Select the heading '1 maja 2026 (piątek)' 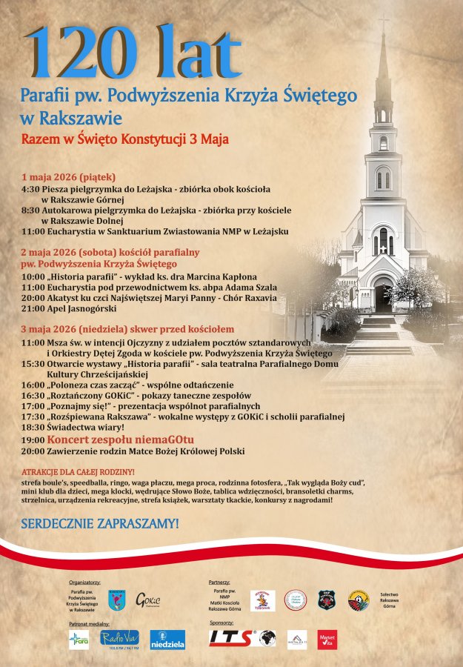69,177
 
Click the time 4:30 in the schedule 30,188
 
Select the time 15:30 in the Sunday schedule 33,363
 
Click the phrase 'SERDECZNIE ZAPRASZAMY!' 100,523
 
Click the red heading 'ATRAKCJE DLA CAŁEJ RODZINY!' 78,472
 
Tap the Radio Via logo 119,638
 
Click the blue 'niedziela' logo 167,639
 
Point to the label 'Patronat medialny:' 87,625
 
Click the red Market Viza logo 327,639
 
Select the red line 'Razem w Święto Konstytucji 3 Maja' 124,139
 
